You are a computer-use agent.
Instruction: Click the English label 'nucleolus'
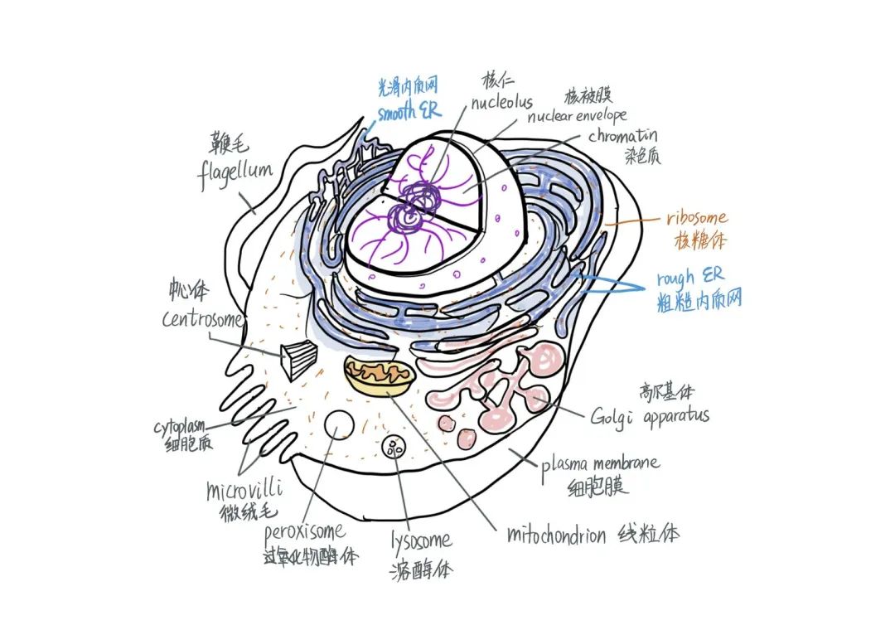tap(501, 104)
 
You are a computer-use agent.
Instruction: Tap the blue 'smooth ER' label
tap(409, 112)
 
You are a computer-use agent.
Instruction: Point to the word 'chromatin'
tap(622, 135)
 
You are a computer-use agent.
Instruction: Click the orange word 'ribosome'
tap(696, 219)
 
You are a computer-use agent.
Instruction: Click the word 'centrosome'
tap(203, 317)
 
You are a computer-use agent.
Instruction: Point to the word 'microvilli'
tap(244, 491)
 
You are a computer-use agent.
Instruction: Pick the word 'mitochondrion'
tap(556, 535)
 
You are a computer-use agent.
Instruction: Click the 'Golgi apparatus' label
tap(650, 415)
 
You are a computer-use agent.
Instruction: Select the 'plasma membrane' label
tap(600, 463)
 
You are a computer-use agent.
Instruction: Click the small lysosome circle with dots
tap(394, 448)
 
